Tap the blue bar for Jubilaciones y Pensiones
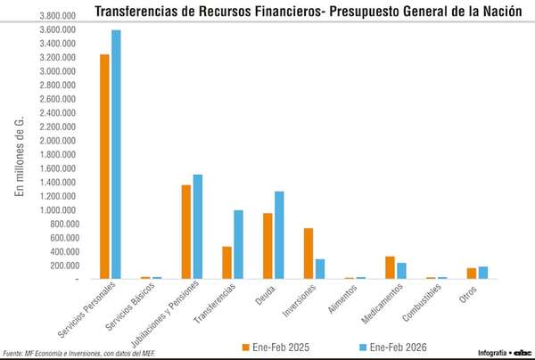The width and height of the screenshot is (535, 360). pos(197,226)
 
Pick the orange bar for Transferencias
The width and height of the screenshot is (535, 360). pos(226,262)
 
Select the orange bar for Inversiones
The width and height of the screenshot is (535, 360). pos(308,253)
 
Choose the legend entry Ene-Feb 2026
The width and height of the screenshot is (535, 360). pos(391,346)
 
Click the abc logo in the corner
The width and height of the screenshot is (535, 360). pos(522,352)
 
